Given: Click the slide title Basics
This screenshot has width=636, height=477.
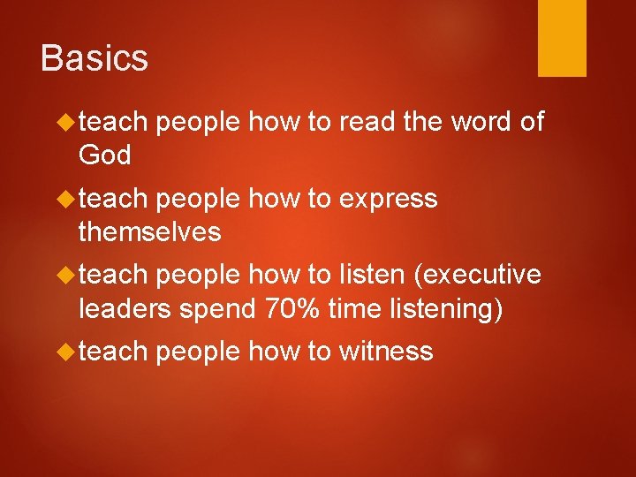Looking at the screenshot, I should click(94, 58).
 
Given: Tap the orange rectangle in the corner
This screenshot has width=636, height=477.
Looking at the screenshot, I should click(562, 38).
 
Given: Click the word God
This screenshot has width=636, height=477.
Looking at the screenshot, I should click(104, 155).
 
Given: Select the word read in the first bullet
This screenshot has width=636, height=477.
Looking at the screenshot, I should click(366, 122).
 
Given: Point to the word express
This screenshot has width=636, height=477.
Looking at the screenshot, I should click(387, 200).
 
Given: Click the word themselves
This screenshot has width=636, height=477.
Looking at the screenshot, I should click(149, 232).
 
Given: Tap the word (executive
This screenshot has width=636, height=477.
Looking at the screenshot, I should click(477, 275).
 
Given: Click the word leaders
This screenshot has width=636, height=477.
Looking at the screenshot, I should click(122, 309).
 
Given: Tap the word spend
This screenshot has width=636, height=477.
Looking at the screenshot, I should click(216, 309).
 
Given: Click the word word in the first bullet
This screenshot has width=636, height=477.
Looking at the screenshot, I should click(483, 122).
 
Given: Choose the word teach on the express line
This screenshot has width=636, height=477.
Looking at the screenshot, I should click(112, 199).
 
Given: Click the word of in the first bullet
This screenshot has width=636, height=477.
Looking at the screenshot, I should click(532, 122).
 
